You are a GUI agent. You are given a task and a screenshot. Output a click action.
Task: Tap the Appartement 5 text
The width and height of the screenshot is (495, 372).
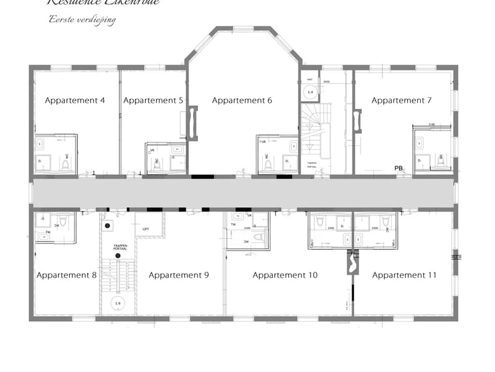click(153, 100)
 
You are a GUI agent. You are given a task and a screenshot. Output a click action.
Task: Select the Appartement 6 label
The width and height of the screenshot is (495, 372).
click(242, 100)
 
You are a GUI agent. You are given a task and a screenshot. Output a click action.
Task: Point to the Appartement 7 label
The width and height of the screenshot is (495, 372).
click(402, 100)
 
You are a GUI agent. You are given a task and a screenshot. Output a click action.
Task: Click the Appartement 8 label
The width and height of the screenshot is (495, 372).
click(66, 275)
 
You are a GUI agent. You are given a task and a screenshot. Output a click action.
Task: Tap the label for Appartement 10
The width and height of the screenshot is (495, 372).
click(285, 275)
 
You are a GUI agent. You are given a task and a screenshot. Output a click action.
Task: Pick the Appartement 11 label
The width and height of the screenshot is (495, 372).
click(404, 275)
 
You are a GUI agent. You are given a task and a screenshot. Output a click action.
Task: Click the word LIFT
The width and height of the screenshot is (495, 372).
click(146, 229)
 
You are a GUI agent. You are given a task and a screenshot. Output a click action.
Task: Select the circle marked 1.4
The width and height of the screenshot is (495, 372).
click(311, 92)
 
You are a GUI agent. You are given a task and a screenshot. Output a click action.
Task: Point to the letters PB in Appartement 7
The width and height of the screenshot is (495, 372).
click(399, 167)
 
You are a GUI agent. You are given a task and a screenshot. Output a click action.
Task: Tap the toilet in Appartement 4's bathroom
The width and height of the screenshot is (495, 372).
click(66, 164)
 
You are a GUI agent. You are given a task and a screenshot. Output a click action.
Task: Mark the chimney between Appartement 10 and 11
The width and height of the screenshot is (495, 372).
click(352, 261)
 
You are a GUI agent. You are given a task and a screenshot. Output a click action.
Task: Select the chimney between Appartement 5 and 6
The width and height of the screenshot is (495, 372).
click(192, 123)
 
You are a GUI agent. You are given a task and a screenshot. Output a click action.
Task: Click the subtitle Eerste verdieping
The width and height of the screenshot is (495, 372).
click(82, 19)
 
